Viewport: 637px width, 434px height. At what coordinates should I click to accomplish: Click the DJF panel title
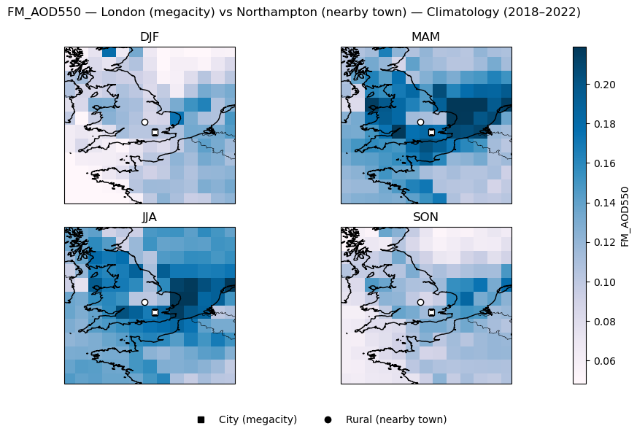point(149,37)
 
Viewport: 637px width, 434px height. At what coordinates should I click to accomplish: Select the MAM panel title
point(425,37)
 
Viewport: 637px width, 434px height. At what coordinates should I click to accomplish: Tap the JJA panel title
point(149,217)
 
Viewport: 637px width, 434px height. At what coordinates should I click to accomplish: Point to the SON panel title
point(425,217)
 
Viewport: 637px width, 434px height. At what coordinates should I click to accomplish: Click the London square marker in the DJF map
point(155,132)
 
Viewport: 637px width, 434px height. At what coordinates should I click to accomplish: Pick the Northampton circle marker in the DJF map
point(144,122)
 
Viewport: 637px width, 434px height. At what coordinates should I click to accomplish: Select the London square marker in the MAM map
point(431,132)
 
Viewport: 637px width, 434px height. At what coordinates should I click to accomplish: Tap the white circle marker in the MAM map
point(420,122)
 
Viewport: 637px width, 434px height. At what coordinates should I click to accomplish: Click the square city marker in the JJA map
point(155,312)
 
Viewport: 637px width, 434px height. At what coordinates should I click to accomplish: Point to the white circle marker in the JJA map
point(144,302)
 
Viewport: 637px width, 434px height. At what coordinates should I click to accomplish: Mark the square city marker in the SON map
point(431,312)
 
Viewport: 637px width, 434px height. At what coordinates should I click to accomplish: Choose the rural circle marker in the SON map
point(420,302)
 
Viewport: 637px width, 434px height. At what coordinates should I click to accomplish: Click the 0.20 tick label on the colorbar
point(605,85)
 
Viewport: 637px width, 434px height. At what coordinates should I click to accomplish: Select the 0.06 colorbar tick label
point(605,361)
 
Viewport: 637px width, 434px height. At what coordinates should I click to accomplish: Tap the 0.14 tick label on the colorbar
point(605,203)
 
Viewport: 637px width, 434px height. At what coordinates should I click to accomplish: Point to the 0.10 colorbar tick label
point(605,282)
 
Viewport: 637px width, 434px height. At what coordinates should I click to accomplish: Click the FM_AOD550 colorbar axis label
point(625,216)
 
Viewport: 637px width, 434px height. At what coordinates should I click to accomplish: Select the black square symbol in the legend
point(201,419)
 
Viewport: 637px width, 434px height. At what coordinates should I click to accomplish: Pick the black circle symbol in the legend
point(328,419)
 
